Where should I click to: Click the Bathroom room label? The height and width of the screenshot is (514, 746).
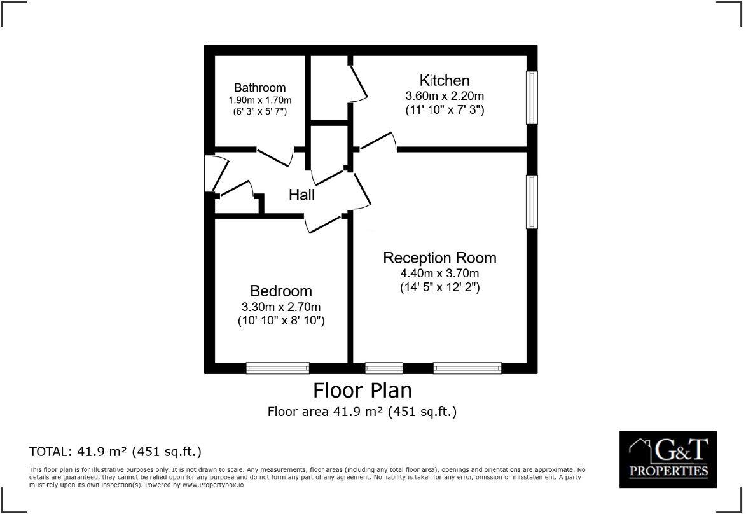tap(259, 88)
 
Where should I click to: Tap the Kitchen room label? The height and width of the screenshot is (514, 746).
tap(445, 80)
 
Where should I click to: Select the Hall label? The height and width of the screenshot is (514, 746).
tap(301, 195)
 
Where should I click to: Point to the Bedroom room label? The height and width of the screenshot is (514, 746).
tap(281, 291)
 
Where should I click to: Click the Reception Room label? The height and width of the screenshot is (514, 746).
tap(439, 258)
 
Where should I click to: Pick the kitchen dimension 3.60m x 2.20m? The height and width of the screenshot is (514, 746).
tap(445, 96)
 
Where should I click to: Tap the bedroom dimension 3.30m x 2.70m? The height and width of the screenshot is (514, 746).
tap(280, 307)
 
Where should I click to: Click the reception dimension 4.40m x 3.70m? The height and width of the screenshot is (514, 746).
tap(439, 274)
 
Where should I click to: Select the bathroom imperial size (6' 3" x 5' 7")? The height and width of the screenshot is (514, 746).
tap(259, 111)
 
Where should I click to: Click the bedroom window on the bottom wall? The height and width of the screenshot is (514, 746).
tap(277, 368)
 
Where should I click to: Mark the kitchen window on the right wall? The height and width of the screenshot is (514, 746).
tap(532, 97)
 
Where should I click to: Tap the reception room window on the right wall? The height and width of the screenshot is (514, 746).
tap(532, 202)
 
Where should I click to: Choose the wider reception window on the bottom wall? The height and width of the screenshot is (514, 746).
tap(467, 368)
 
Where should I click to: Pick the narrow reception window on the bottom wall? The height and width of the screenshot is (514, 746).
tap(383, 368)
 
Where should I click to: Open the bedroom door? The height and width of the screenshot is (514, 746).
tap(324, 223)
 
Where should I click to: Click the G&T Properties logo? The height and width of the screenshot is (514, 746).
tap(668, 459)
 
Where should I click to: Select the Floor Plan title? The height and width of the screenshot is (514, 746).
tap(362, 389)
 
